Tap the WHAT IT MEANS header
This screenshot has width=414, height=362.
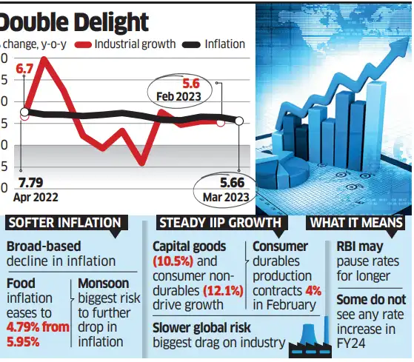pyautogui.click(x=355, y=222)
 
